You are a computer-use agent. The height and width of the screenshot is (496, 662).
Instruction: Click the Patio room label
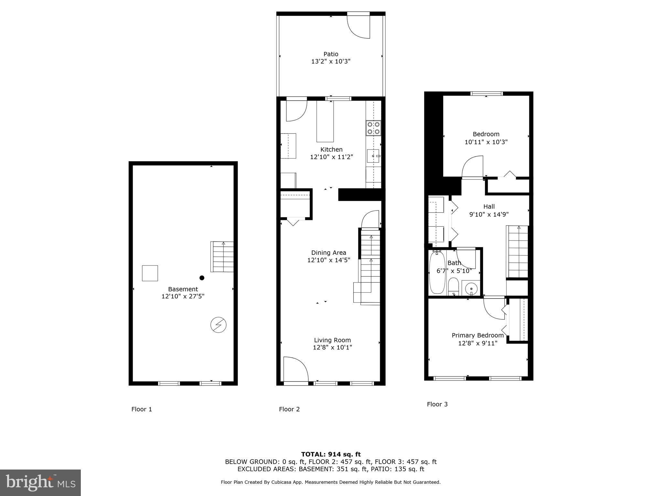[x=331, y=54]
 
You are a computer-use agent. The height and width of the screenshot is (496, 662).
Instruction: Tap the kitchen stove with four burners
[x=373, y=128]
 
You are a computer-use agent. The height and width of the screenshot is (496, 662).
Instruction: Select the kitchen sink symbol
[x=374, y=156]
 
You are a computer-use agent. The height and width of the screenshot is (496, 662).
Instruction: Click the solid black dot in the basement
[x=202, y=278]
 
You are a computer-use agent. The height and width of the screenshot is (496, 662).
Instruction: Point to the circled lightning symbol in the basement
[x=218, y=325]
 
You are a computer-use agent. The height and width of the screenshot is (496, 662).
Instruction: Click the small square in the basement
[x=150, y=273]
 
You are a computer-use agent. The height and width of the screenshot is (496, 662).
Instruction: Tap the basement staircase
[x=222, y=257]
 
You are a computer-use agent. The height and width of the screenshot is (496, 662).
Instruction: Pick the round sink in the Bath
[x=471, y=288]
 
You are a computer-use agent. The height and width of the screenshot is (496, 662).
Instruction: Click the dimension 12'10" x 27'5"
[x=183, y=296]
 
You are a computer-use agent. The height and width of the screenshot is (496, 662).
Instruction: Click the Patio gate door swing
[x=359, y=26]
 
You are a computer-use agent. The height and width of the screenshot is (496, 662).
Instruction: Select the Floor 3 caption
[x=437, y=404]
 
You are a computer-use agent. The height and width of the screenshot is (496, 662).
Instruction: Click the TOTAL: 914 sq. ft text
[x=331, y=454]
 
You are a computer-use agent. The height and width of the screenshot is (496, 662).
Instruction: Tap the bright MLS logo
[x=40, y=482]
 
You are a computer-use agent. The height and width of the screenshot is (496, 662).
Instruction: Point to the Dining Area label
[x=328, y=253]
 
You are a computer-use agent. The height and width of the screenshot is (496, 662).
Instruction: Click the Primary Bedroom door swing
[x=494, y=308]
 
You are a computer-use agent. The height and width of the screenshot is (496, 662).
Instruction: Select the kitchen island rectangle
[x=325, y=121]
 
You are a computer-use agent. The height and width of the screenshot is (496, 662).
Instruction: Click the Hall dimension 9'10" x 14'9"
[x=489, y=214]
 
